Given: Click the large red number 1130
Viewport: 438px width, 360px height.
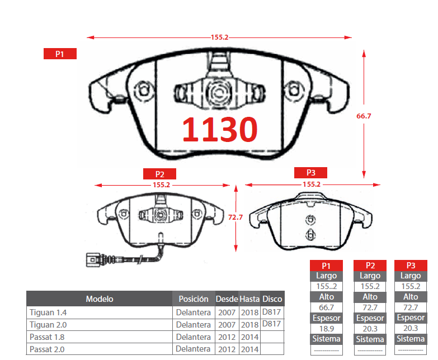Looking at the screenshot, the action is coord(219,129).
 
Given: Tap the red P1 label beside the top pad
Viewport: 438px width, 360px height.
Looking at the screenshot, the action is coord(60,54).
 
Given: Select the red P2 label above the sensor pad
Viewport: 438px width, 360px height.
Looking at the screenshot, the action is coord(159,174).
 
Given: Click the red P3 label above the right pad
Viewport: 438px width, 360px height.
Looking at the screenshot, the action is coord(310,173).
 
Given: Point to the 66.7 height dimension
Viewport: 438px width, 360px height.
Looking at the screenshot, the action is coord(364,116).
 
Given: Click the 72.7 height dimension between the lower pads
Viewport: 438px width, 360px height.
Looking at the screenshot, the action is coord(236,217).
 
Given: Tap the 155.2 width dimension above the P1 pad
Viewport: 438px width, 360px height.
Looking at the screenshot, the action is coord(219,37).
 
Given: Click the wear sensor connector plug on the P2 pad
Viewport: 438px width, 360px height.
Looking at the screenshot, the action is coord(93,260).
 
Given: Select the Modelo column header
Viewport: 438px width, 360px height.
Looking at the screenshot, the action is coord(100,299).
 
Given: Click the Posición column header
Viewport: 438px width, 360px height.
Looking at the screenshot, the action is coord(194,299).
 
